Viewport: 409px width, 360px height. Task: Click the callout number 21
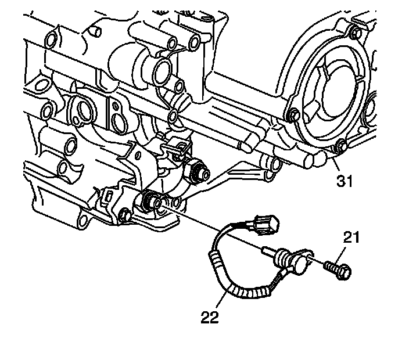pyautogui.click(x=351, y=237)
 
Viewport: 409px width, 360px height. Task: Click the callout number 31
pyautogui.click(x=345, y=182)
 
